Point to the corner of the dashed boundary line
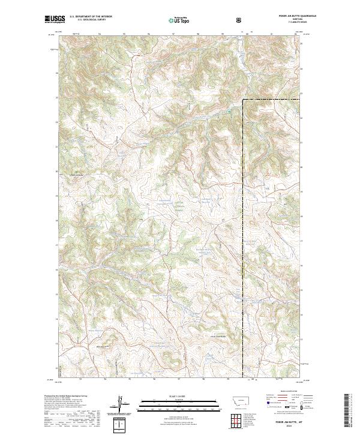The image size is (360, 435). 243,99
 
